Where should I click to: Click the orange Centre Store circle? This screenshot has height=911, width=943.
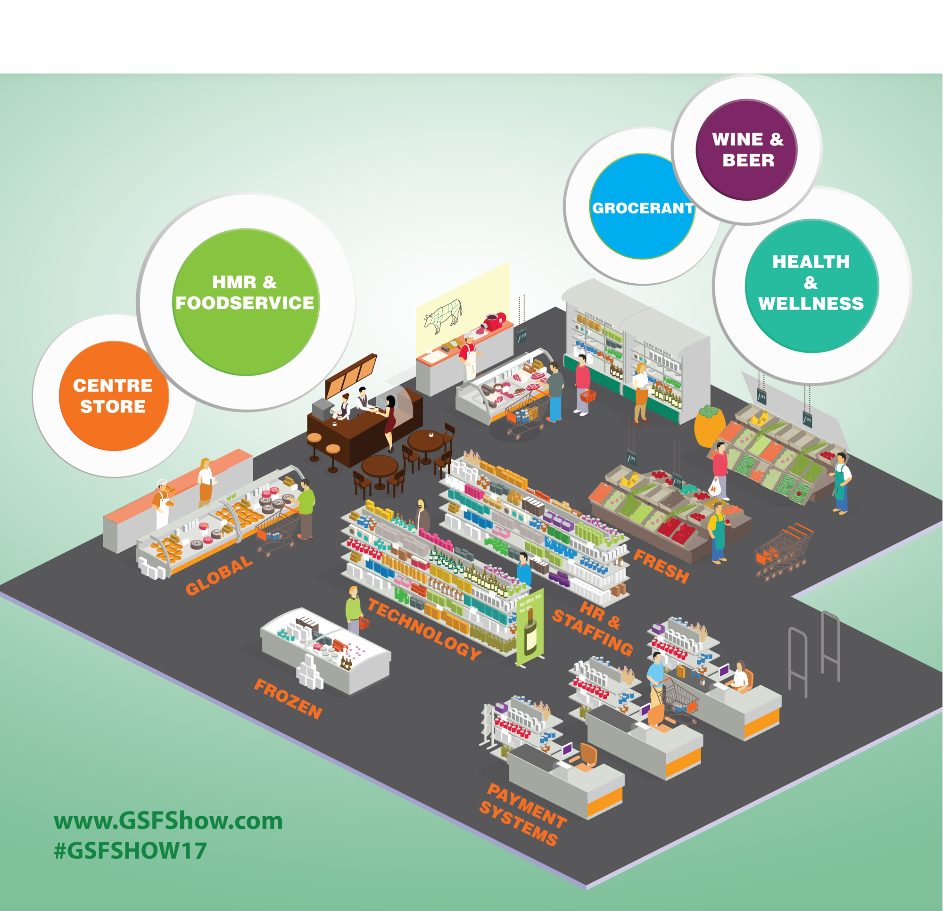pos(114,396)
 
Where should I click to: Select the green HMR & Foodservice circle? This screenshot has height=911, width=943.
pos(246,302)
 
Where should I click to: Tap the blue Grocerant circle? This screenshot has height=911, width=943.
pos(642,206)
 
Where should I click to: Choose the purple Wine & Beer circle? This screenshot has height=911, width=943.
pos(747,149)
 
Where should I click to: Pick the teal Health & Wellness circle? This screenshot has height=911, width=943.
pos(811,286)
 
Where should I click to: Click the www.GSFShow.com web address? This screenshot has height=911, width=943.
pos(168,821)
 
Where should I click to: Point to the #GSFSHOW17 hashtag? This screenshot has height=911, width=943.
pos(131,850)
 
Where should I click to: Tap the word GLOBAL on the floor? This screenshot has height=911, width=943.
pos(219,575)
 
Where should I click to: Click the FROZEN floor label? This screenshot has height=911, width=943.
pos(288,699)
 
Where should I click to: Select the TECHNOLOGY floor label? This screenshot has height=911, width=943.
pos(424,629)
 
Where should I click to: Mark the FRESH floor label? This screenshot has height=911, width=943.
pos(661,566)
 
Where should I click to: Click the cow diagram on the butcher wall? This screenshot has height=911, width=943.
pos(443,316)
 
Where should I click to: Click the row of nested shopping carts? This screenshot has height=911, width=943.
pos(783,551)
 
